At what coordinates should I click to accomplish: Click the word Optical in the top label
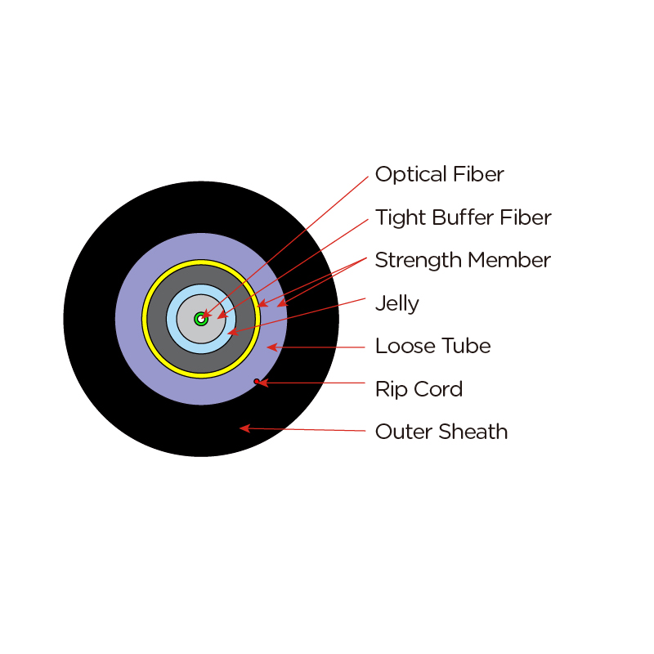pyautogui.click(x=411, y=175)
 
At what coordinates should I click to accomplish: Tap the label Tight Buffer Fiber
pyautogui.click(x=464, y=217)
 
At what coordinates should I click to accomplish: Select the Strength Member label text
pyautogui.click(x=463, y=260)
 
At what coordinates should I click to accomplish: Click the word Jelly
pyautogui.click(x=397, y=303)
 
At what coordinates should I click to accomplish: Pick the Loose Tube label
pyautogui.click(x=433, y=346)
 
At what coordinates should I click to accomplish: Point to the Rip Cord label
pyautogui.click(x=419, y=389)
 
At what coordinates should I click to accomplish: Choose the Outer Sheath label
pyautogui.click(x=441, y=432)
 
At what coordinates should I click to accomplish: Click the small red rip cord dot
pyautogui.click(x=257, y=381)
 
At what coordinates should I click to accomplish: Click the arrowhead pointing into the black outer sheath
pyautogui.click(x=244, y=428)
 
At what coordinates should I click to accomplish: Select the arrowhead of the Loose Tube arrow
pyautogui.click(x=272, y=347)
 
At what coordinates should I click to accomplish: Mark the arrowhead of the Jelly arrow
pyautogui.click(x=232, y=332)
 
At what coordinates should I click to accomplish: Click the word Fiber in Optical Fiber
pyautogui.click(x=478, y=174)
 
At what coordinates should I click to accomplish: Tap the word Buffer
pyautogui.click(x=463, y=217)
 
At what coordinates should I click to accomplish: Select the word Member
pyautogui.click(x=509, y=260)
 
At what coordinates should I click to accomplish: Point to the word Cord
pyautogui.click(x=438, y=389)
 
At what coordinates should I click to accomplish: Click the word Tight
pyautogui.click(x=401, y=218)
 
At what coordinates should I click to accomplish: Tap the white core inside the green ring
pyautogui.click(x=201, y=319)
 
